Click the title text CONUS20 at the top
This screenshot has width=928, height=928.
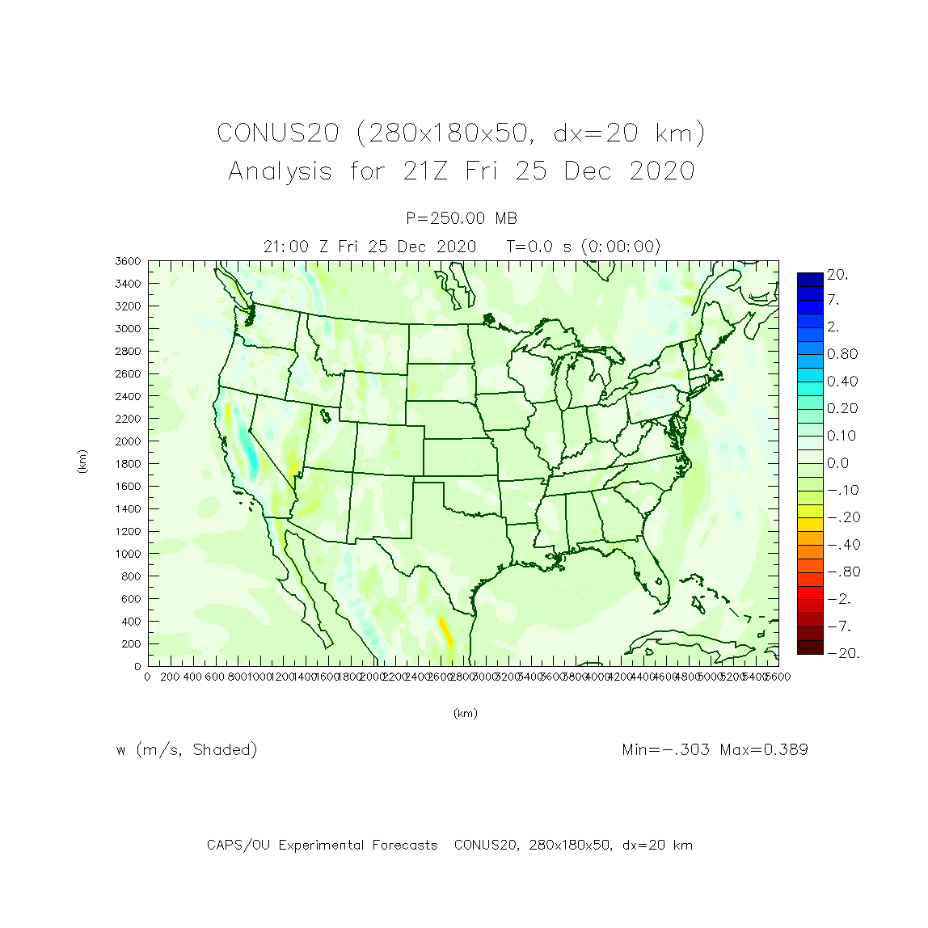277,133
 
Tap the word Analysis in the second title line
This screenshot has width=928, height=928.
280,171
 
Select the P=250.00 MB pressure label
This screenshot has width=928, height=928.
462,218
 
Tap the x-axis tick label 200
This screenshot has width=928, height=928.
170,677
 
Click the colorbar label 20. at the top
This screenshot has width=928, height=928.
837,275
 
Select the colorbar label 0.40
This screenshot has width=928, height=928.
842,382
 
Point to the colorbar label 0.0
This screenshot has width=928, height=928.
837,463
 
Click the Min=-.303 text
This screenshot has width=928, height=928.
666,749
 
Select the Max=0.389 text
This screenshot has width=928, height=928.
764,749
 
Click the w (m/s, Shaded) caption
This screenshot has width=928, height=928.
187,750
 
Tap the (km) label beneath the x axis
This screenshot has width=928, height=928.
465,713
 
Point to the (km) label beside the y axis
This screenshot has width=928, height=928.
82,462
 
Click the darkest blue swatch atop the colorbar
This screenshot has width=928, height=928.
810,279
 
